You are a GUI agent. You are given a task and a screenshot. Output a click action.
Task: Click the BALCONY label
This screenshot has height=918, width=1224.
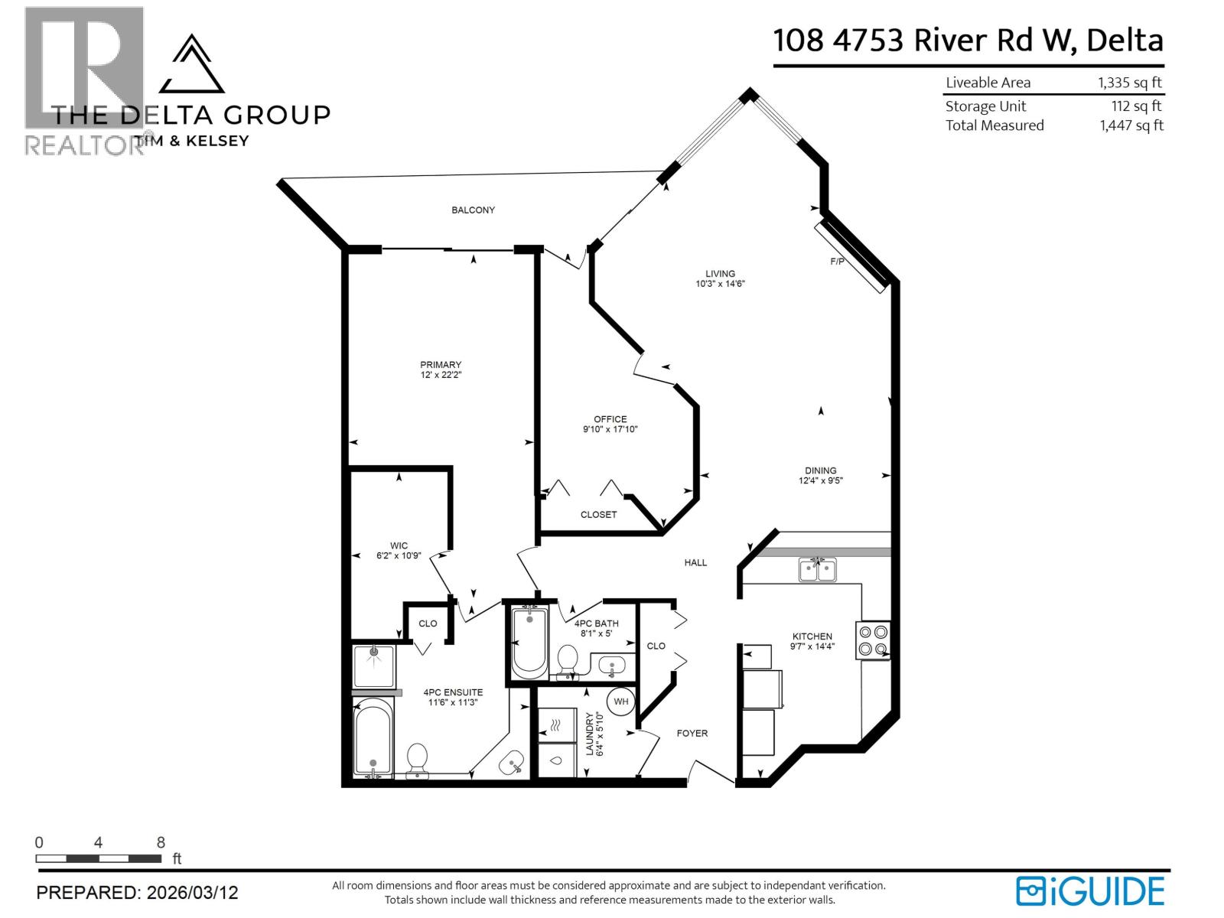473,210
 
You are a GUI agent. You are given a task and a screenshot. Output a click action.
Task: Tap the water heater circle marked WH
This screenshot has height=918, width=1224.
620,702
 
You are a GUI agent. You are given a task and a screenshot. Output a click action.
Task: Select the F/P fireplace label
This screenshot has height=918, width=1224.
837,262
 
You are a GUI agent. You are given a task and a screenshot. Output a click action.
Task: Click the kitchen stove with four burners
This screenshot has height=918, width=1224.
873,640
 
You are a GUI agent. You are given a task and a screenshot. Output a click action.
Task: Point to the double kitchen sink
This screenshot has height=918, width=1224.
817,570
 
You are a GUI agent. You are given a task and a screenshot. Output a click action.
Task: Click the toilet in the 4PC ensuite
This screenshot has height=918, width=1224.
417,759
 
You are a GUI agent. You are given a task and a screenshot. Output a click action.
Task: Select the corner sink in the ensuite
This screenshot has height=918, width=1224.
511,762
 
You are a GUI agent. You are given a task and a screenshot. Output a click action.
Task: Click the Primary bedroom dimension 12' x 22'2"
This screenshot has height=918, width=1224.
441,375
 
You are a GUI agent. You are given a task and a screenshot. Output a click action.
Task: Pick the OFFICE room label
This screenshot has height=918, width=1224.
610,419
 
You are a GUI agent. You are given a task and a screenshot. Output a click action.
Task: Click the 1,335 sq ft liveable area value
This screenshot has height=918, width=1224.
1130,83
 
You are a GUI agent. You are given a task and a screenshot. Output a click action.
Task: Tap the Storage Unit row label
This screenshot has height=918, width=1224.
985,106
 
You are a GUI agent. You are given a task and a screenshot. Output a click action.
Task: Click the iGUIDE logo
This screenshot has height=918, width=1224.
1090,891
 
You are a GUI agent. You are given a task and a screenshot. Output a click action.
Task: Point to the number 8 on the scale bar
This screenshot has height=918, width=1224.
161,842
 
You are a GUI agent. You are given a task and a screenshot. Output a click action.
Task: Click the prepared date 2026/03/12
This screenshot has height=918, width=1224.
192,893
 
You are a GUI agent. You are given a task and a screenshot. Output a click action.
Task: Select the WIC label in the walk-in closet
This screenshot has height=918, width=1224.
398,545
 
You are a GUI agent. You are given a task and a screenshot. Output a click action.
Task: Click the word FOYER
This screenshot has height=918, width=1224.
692,733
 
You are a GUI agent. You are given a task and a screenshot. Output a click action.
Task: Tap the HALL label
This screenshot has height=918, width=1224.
695,562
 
